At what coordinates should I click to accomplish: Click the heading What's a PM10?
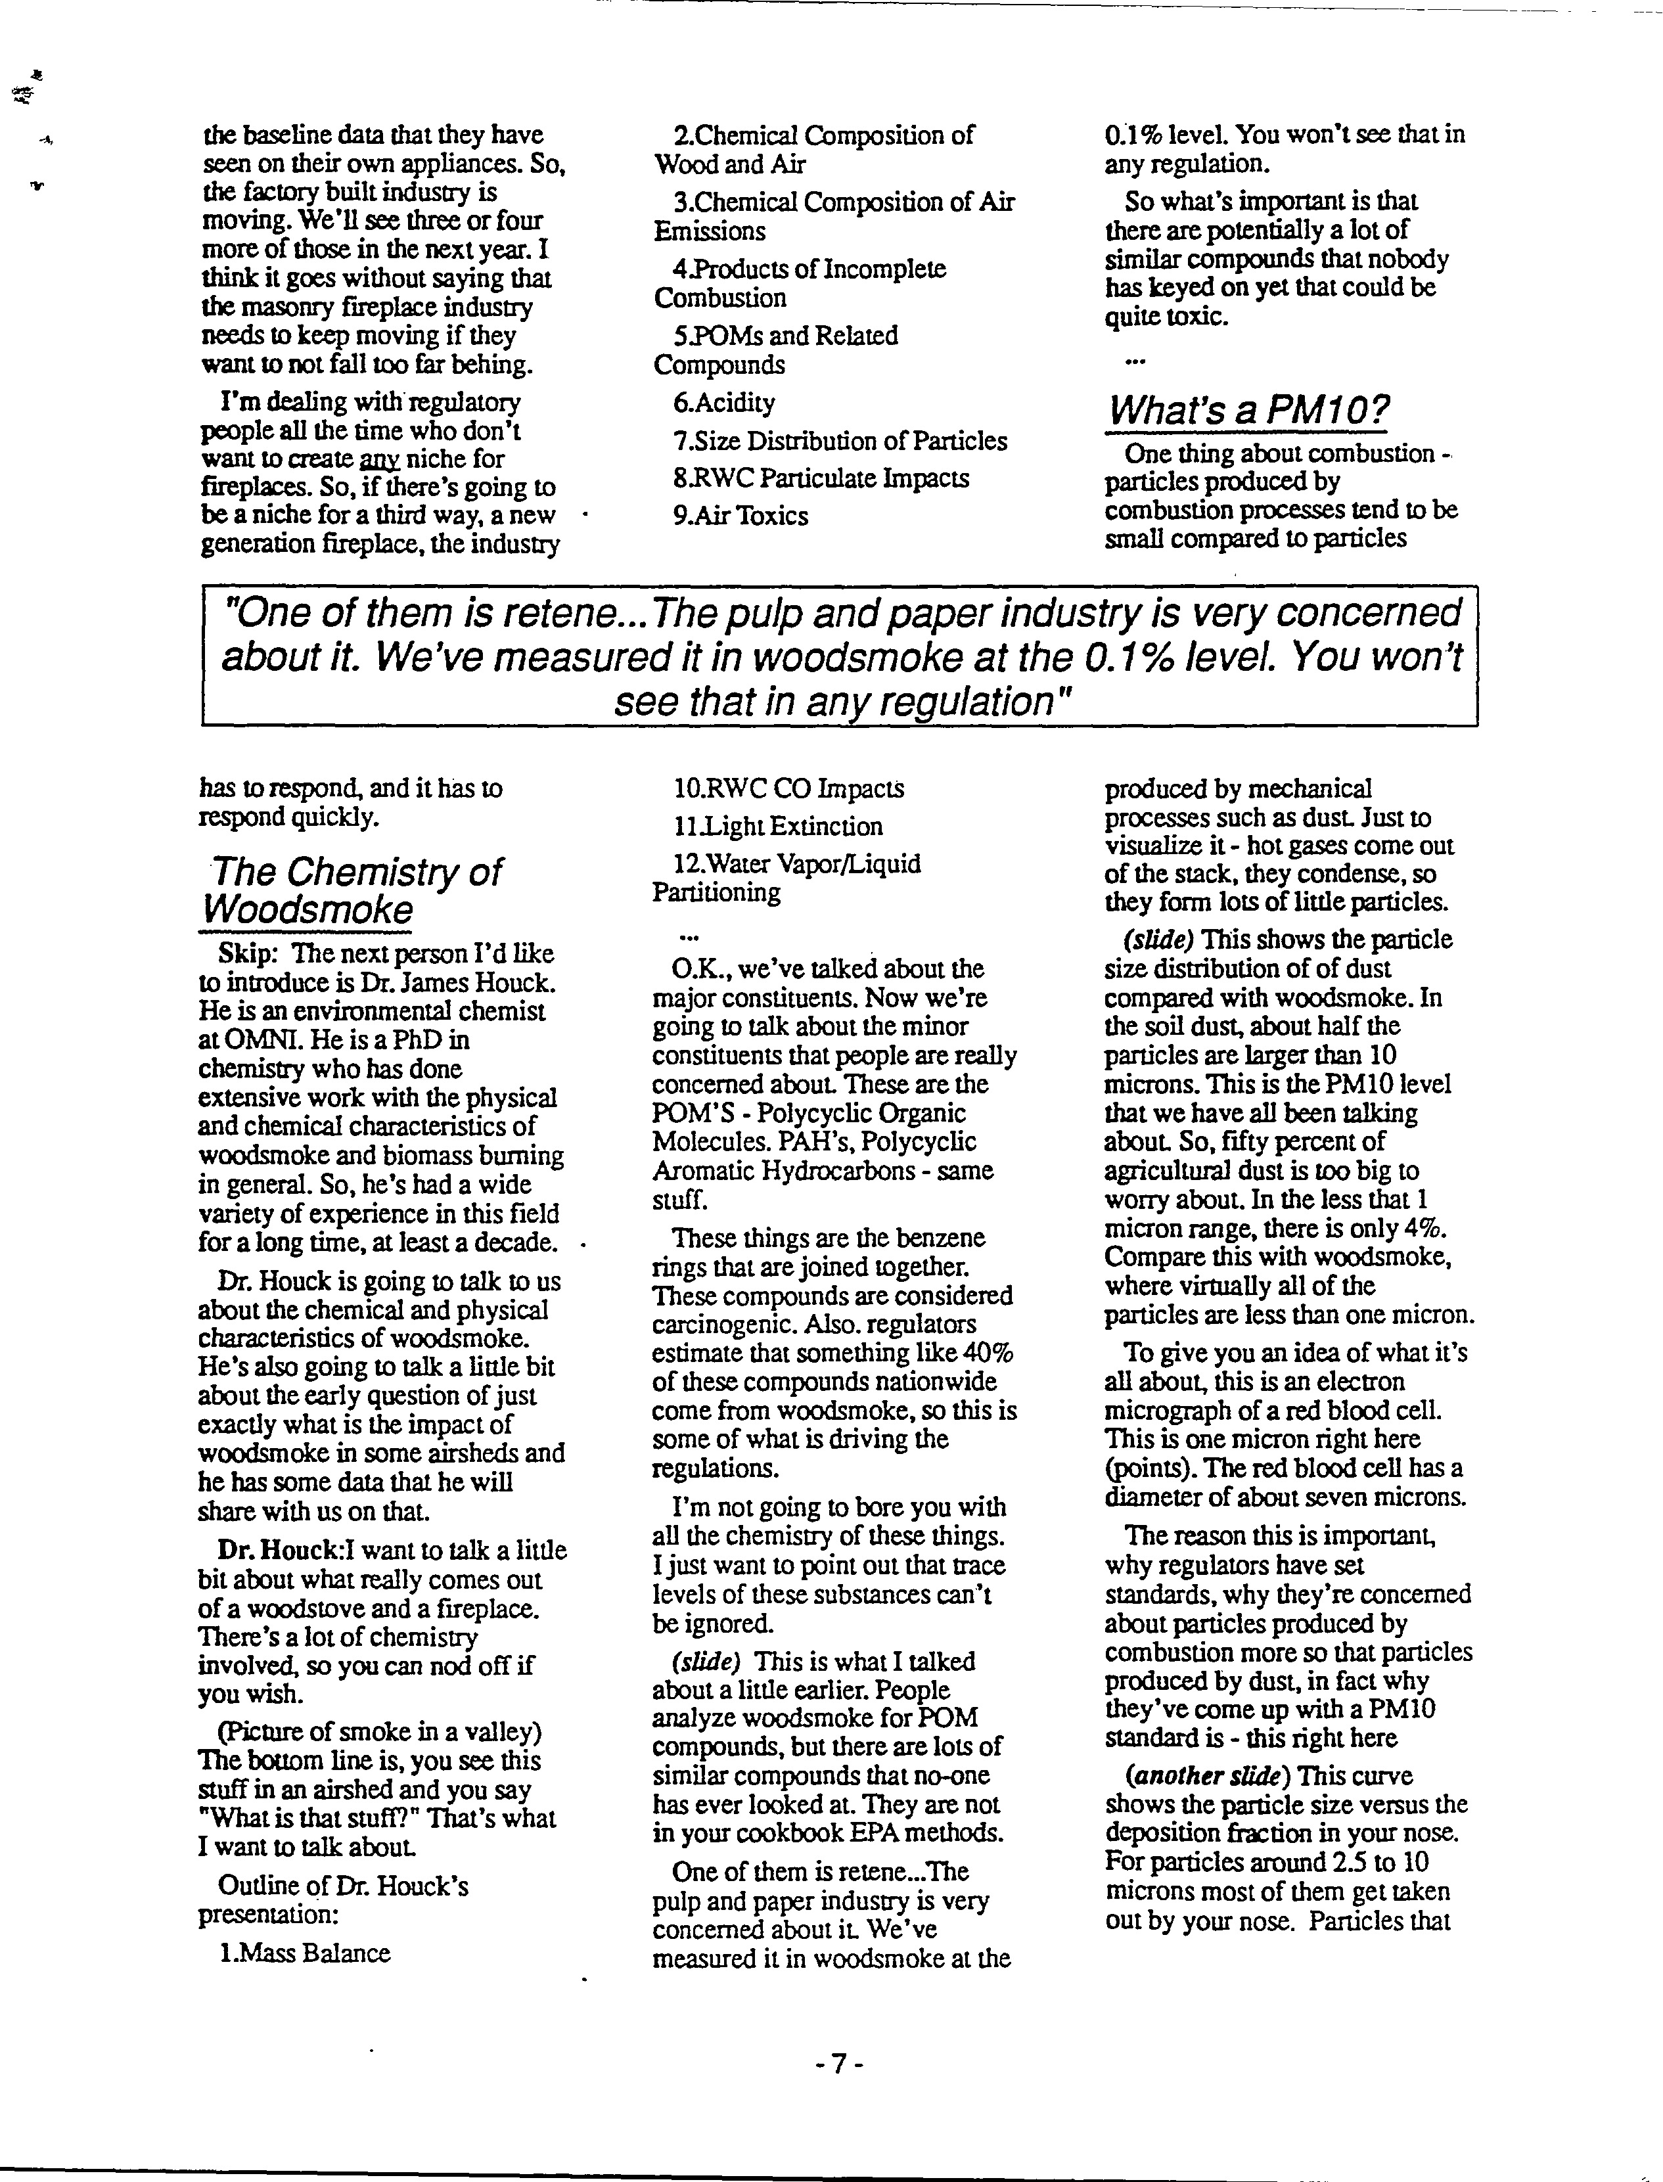pos(1247,409)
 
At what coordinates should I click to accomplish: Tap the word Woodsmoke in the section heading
pos(307,909)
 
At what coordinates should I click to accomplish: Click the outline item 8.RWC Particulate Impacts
pos(821,478)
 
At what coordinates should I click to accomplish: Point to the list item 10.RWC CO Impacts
pos(788,788)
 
